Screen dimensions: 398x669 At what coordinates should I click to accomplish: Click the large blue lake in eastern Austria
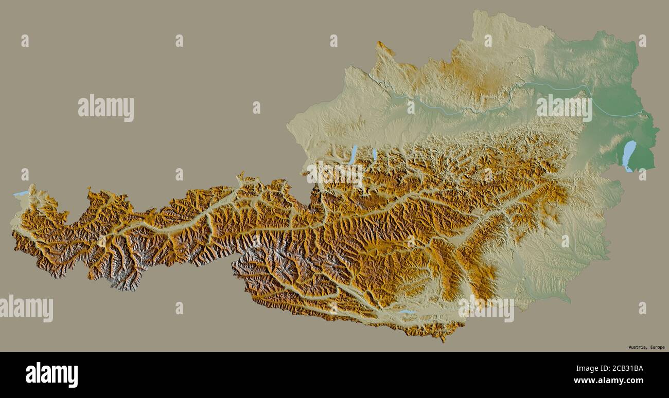[629, 155]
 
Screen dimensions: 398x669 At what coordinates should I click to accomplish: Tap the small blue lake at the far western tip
[21, 193]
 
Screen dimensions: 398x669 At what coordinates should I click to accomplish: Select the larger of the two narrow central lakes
[353, 154]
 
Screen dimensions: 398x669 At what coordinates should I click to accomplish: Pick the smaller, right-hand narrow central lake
[374, 154]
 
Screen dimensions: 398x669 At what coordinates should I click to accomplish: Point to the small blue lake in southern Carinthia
[407, 312]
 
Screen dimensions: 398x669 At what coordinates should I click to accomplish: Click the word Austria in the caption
[638, 347]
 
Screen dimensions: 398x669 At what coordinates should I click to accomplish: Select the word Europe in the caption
[657, 347]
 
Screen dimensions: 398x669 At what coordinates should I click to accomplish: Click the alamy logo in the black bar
[51, 374]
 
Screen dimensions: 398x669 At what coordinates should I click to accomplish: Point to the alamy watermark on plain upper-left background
[106, 108]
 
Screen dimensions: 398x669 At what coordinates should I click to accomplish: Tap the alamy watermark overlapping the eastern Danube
[564, 107]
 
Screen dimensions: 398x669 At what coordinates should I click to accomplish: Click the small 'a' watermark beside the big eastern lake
[642, 175]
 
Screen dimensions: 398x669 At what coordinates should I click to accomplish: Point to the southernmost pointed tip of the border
[443, 340]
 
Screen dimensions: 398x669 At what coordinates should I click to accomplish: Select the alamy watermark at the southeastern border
[486, 309]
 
